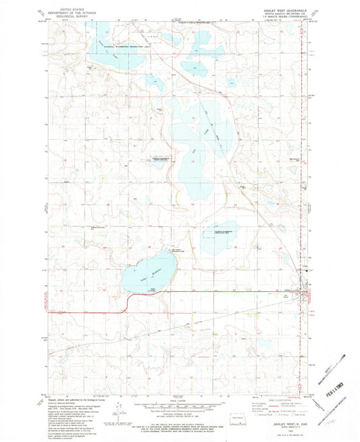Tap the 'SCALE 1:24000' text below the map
click(180, 397)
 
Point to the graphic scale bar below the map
click(180, 404)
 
